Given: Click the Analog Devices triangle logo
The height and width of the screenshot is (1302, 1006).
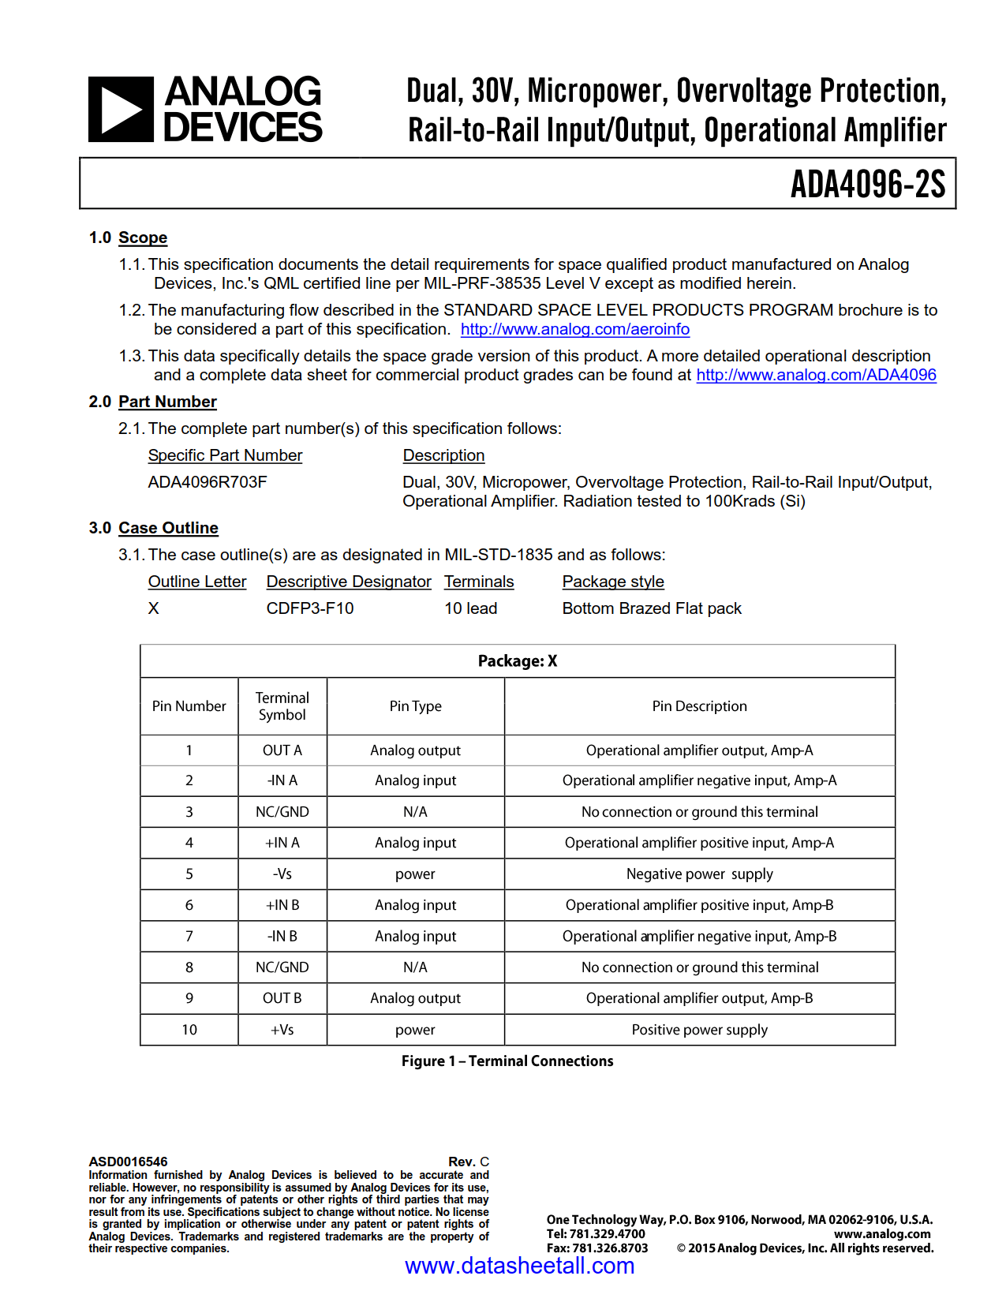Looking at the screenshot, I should pyautogui.click(x=121, y=110).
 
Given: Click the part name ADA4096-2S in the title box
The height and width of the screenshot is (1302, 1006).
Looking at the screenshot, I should pyautogui.click(x=867, y=185).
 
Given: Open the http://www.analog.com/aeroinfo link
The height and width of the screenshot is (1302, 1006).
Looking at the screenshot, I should pyautogui.click(x=574, y=329).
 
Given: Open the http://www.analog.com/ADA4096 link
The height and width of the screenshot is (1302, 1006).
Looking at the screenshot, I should pyautogui.click(x=816, y=375).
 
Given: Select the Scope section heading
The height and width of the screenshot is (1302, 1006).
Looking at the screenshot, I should pyautogui.click(x=143, y=238).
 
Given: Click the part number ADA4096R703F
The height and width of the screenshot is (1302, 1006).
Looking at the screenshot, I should pyautogui.click(x=208, y=482).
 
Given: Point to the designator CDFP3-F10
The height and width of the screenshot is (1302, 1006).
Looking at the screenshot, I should pyautogui.click(x=310, y=608).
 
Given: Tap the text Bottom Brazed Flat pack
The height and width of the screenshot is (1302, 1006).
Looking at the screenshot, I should pyautogui.click(x=652, y=608).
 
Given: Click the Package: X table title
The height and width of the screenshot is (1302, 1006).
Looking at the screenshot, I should pyautogui.click(x=518, y=661).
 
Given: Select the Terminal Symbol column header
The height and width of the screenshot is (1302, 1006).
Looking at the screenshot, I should pyautogui.click(x=282, y=706).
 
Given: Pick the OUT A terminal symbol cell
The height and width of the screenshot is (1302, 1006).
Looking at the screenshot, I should pyautogui.click(x=282, y=750).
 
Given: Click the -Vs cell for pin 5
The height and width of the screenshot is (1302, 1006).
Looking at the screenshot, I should pyautogui.click(x=282, y=874).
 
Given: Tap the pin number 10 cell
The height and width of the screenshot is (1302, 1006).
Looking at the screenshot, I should pyautogui.click(x=189, y=1030).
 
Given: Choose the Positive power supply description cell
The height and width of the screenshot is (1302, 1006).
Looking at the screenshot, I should pyautogui.click(x=699, y=1030).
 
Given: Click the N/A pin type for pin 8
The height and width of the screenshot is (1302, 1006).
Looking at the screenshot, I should pyautogui.click(x=415, y=967).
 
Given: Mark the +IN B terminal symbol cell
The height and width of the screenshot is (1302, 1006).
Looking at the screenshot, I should pyautogui.click(x=282, y=905).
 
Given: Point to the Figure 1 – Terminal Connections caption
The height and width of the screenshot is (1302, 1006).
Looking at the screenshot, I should pyautogui.click(x=507, y=1061).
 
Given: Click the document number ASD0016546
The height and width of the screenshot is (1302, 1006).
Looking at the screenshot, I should pyautogui.click(x=129, y=1162).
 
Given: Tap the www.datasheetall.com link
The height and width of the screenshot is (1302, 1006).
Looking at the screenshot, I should pyautogui.click(x=519, y=1266).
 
